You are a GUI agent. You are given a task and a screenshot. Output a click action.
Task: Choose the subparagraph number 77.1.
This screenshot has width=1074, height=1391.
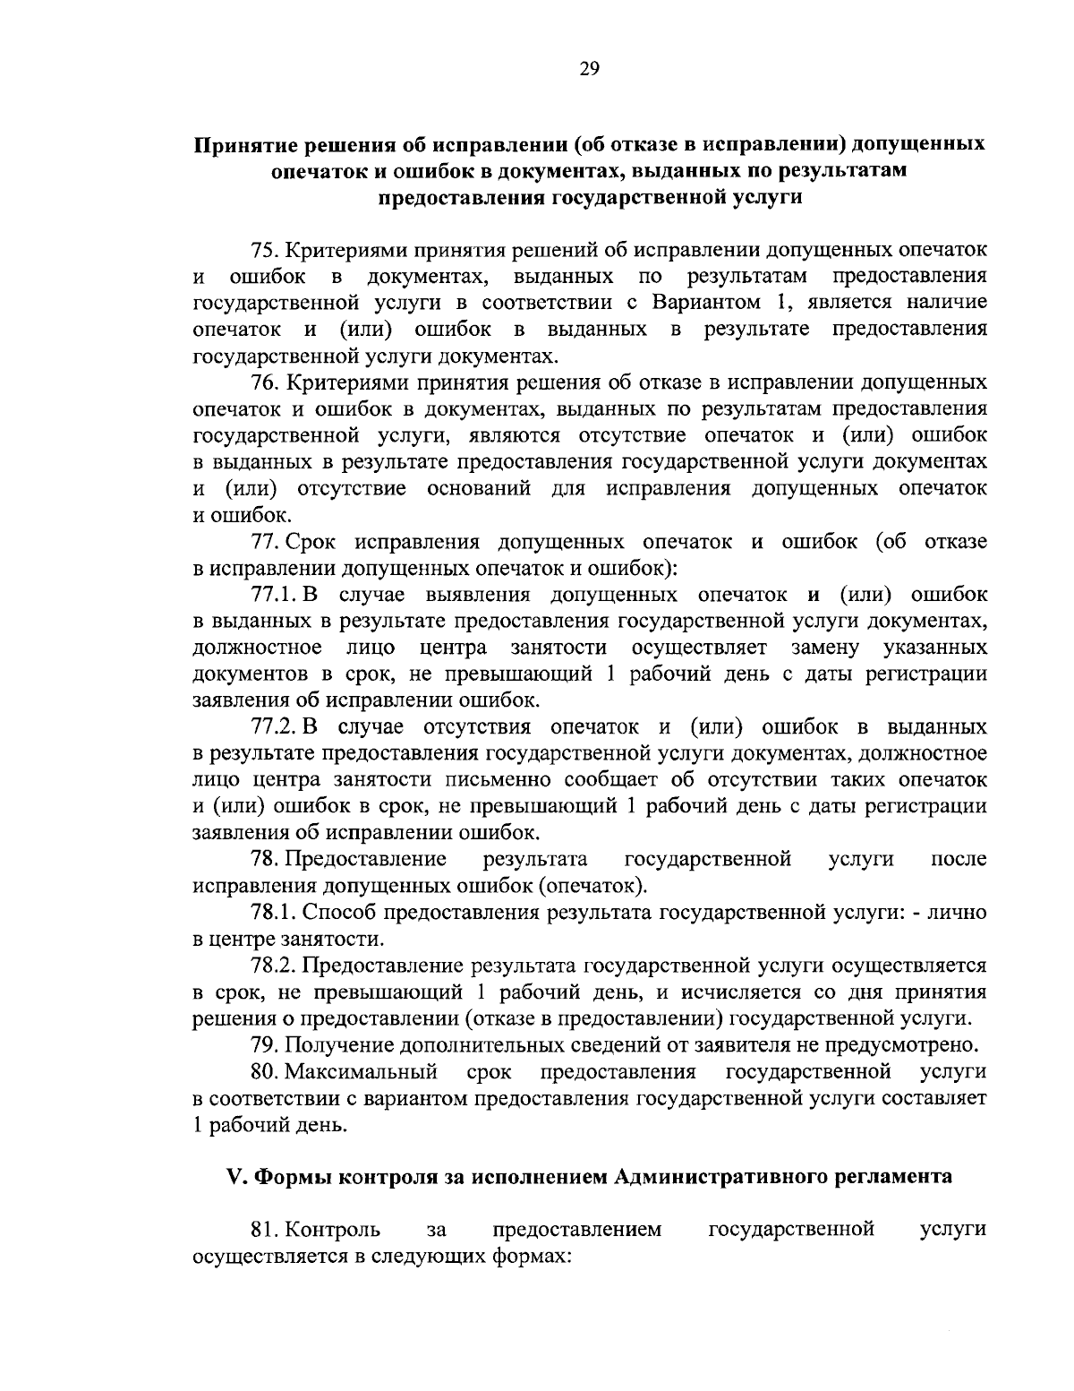coord(274,595)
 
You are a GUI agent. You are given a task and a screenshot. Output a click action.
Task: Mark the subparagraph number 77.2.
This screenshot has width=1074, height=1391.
coord(275,726)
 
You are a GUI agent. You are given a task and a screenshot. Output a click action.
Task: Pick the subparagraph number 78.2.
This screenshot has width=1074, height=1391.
coord(274,966)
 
